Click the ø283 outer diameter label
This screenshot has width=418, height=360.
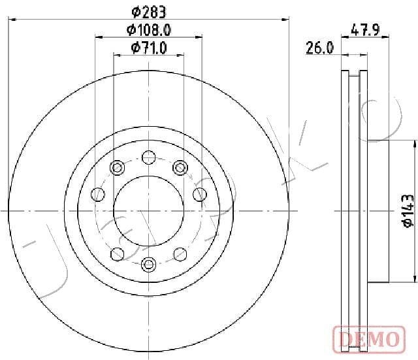pyautogui.click(x=149, y=12)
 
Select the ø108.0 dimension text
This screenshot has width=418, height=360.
pyautogui.click(x=149, y=30)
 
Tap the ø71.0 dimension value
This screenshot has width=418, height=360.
pyautogui.click(x=149, y=48)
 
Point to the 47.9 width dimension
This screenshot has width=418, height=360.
pyautogui.click(x=365, y=29)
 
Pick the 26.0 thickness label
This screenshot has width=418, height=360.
pyautogui.click(x=319, y=48)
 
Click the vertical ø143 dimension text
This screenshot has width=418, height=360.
pyautogui.click(x=408, y=210)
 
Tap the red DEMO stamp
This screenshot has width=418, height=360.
pyautogui.click(x=369, y=339)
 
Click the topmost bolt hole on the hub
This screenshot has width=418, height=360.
pyautogui.click(x=148, y=157)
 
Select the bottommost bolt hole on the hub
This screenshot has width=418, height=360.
pyautogui.click(x=148, y=264)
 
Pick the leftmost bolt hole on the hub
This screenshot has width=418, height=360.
pyautogui.click(x=98, y=194)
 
